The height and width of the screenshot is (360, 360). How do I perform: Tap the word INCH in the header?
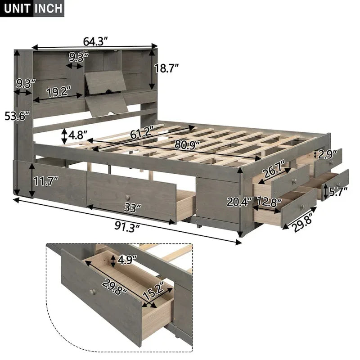point(47,9)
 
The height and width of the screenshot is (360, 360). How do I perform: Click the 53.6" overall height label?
point(16,116)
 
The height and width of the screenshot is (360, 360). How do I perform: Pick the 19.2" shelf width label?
point(59,92)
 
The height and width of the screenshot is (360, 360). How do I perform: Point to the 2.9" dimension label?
point(328,154)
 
